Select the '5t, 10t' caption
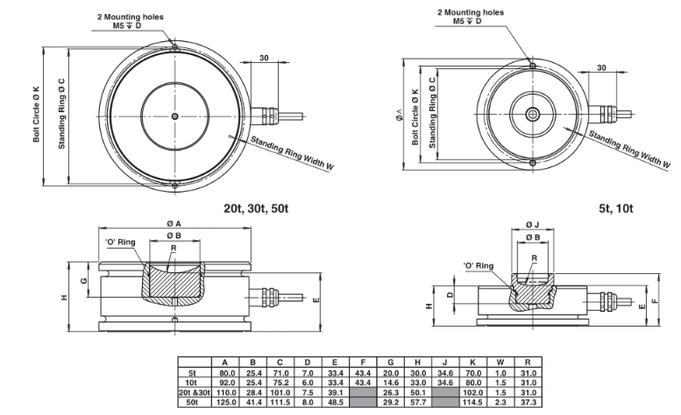point(617,207)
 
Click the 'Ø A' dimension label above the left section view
point(175,222)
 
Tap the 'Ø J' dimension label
point(533,225)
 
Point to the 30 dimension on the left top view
point(264,60)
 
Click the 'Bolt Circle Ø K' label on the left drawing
point(38,115)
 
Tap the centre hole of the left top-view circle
point(175,115)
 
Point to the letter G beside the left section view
point(83,279)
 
